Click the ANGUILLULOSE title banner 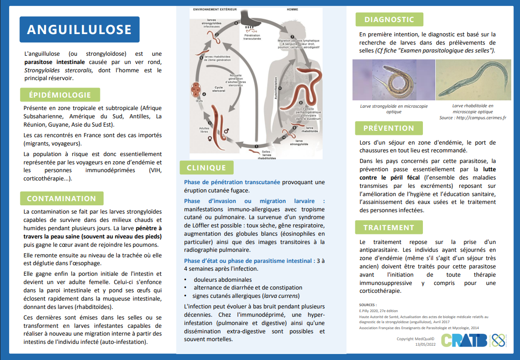[79, 29]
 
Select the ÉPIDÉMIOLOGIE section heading [60, 95]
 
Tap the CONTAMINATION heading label [61, 199]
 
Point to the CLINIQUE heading [206, 168]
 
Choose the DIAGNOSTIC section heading [389, 19]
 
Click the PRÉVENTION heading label [388, 128]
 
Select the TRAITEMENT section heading [388, 227]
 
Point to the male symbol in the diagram [226, 131]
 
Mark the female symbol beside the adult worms [210, 138]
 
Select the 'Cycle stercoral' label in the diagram [219, 89]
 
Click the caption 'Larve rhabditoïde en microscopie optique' [472, 109]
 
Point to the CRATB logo [464, 340]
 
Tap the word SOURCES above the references [368, 305]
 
